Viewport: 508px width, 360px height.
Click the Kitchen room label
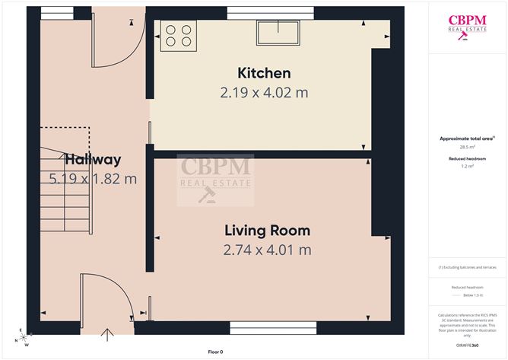coord(264,74)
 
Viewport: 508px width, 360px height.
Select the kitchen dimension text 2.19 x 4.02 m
coord(264,93)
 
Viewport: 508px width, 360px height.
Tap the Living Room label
coord(267,231)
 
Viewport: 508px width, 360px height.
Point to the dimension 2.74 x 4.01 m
coord(267,250)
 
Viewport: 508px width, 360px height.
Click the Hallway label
coord(92,160)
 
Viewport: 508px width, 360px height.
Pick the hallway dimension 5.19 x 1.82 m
coord(92,180)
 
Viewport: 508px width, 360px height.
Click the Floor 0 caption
coord(215,352)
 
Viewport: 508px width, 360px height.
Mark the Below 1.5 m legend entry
coord(468,294)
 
